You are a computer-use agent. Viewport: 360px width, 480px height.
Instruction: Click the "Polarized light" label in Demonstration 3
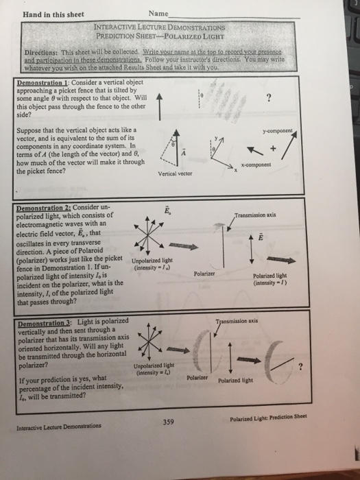coord(237,381)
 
